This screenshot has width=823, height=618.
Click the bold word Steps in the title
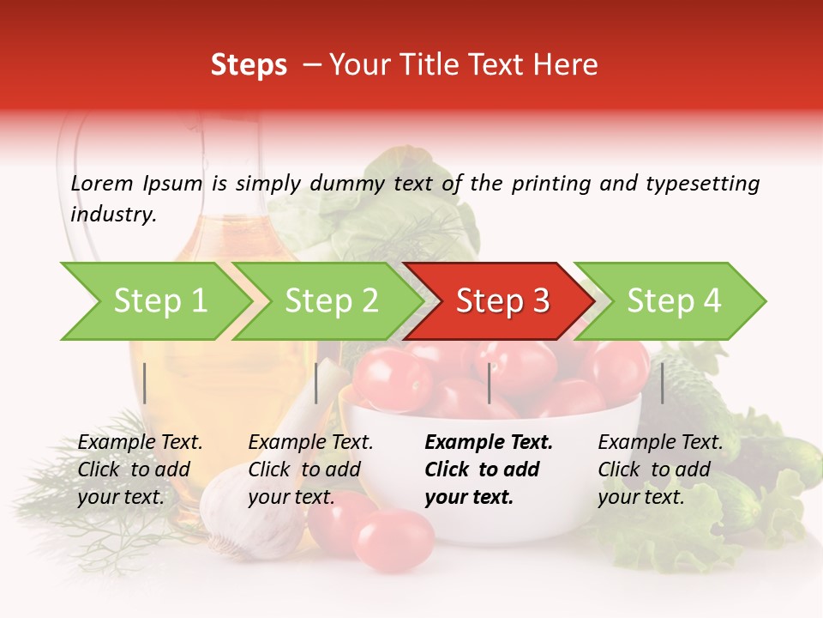[x=249, y=65]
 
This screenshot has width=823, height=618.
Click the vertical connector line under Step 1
[x=145, y=383]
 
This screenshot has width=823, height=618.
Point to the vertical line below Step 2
[x=316, y=383]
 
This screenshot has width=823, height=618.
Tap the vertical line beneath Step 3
[x=490, y=383]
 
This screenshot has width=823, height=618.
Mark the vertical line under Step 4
[x=662, y=383]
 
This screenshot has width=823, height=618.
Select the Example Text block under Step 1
[x=140, y=470]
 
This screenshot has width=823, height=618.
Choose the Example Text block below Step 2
[x=310, y=470]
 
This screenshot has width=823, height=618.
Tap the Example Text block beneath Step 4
[x=660, y=470]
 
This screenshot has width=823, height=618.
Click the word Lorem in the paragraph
[x=102, y=184]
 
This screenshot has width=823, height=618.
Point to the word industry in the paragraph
[x=113, y=215]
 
